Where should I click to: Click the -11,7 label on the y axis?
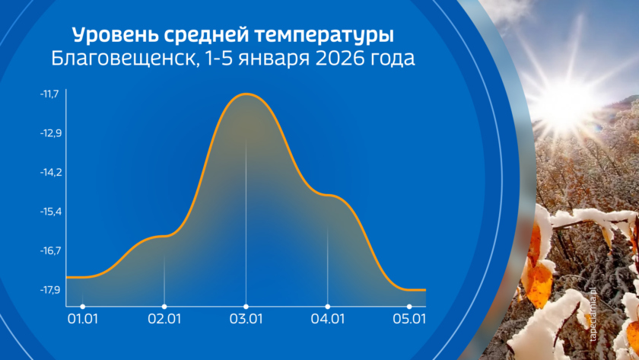pyautogui.click(x=49, y=94)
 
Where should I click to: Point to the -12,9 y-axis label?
pyautogui.click(x=50, y=133)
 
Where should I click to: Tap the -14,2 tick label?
pyautogui.click(x=50, y=173)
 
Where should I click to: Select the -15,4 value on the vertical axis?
pyautogui.click(x=50, y=212)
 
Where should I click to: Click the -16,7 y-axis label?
pyautogui.click(x=50, y=250)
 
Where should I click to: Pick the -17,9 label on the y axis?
pyautogui.click(x=49, y=290)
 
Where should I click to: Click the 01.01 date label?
pyautogui.click(x=83, y=319)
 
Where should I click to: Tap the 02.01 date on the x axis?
pyautogui.click(x=164, y=319)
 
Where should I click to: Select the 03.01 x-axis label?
pyautogui.click(x=246, y=319)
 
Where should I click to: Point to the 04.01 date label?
pyautogui.click(x=328, y=319)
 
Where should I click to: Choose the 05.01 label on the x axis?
pyautogui.click(x=409, y=319)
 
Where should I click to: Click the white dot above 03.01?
pyautogui.click(x=246, y=307)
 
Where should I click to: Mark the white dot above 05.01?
pyautogui.click(x=409, y=307)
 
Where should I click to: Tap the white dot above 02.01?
pyautogui.click(x=164, y=307)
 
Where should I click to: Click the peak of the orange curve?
pyautogui.click(x=246, y=94)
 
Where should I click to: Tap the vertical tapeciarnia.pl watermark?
pyautogui.click(x=593, y=314)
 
